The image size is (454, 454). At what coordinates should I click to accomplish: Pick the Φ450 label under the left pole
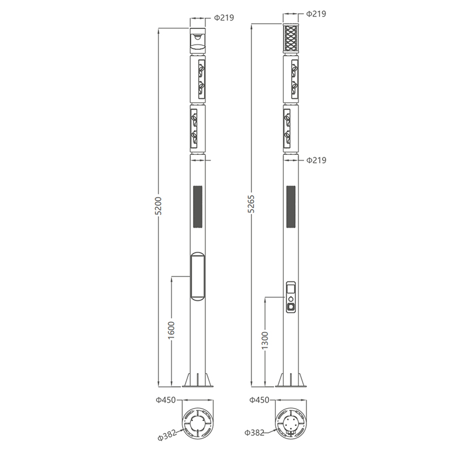pyautogui.click(x=165, y=401)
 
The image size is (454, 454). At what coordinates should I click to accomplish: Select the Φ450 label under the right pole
pyautogui.click(x=258, y=401)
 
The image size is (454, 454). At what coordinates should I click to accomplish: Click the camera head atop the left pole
pyautogui.click(x=197, y=39)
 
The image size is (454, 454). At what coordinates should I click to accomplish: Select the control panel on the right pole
pyautogui.click(x=291, y=296)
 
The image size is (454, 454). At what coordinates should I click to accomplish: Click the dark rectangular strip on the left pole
pyautogui.click(x=197, y=208)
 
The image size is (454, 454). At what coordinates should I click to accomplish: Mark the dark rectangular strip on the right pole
pyautogui.click(x=291, y=208)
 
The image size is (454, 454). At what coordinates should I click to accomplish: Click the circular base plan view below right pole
pyautogui.click(x=291, y=423)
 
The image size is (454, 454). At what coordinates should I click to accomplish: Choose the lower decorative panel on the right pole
pyautogui.click(x=291, y=127)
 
